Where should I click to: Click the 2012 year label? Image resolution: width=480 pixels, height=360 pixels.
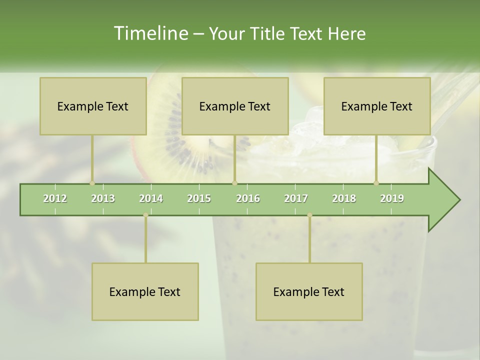[55, 198]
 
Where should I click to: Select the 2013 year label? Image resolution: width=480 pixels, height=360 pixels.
[103, 198]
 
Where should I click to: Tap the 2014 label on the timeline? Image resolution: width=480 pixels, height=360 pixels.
[151, 198]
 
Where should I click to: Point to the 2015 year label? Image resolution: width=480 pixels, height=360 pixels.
[199, 198]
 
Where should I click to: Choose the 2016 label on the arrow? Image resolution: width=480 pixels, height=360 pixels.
[248, 198]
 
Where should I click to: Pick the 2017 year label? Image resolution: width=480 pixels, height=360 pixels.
[296, 198]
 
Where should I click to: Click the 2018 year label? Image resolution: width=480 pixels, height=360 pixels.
[344, 198]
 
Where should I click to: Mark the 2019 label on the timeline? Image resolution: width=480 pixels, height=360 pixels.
[392, 198]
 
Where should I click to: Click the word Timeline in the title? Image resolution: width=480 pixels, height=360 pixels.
[150, 33]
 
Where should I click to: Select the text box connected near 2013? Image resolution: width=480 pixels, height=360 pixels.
[93, 106]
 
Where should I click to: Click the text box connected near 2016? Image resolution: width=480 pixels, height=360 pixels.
[235, 106]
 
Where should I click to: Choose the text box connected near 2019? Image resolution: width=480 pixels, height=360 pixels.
[377, 106]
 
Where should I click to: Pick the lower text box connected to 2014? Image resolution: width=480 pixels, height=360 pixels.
[145, 291]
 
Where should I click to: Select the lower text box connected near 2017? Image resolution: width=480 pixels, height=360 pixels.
[309, 291]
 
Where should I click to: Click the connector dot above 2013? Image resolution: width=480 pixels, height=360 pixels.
[92, 183]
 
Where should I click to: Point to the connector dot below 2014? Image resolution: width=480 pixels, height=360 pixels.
[145, 215]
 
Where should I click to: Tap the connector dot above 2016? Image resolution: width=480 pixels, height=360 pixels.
[234, 183]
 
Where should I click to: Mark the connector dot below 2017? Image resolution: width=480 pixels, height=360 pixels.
[309, 215]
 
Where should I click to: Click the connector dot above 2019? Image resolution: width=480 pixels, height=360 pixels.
[376, 183]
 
